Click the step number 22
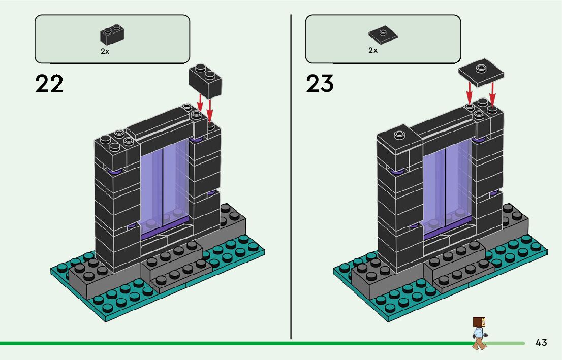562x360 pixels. click(x=49, y=83)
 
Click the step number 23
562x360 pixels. click(x=320, y=83)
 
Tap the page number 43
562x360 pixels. click(x=541, y=342)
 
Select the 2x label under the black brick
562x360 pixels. click(x=105, y=51)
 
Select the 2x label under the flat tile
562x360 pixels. click(x=373, y=50)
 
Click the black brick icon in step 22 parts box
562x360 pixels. click(x=112, y=35)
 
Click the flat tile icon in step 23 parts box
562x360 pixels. click(x=383, y=35)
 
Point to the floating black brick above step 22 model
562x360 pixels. click(x=205, y=81)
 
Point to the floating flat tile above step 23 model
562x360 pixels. click(x=481, y=73)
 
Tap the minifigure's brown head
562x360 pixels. click(x=479, y=322)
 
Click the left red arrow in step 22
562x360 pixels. click(x=200, y=102)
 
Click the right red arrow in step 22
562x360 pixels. click(x=210, y=109)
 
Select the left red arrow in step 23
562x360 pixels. click(x=469, y=93)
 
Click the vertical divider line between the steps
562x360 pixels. click(x=291, y=177)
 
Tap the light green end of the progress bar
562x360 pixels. click(x=506, y=344)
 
